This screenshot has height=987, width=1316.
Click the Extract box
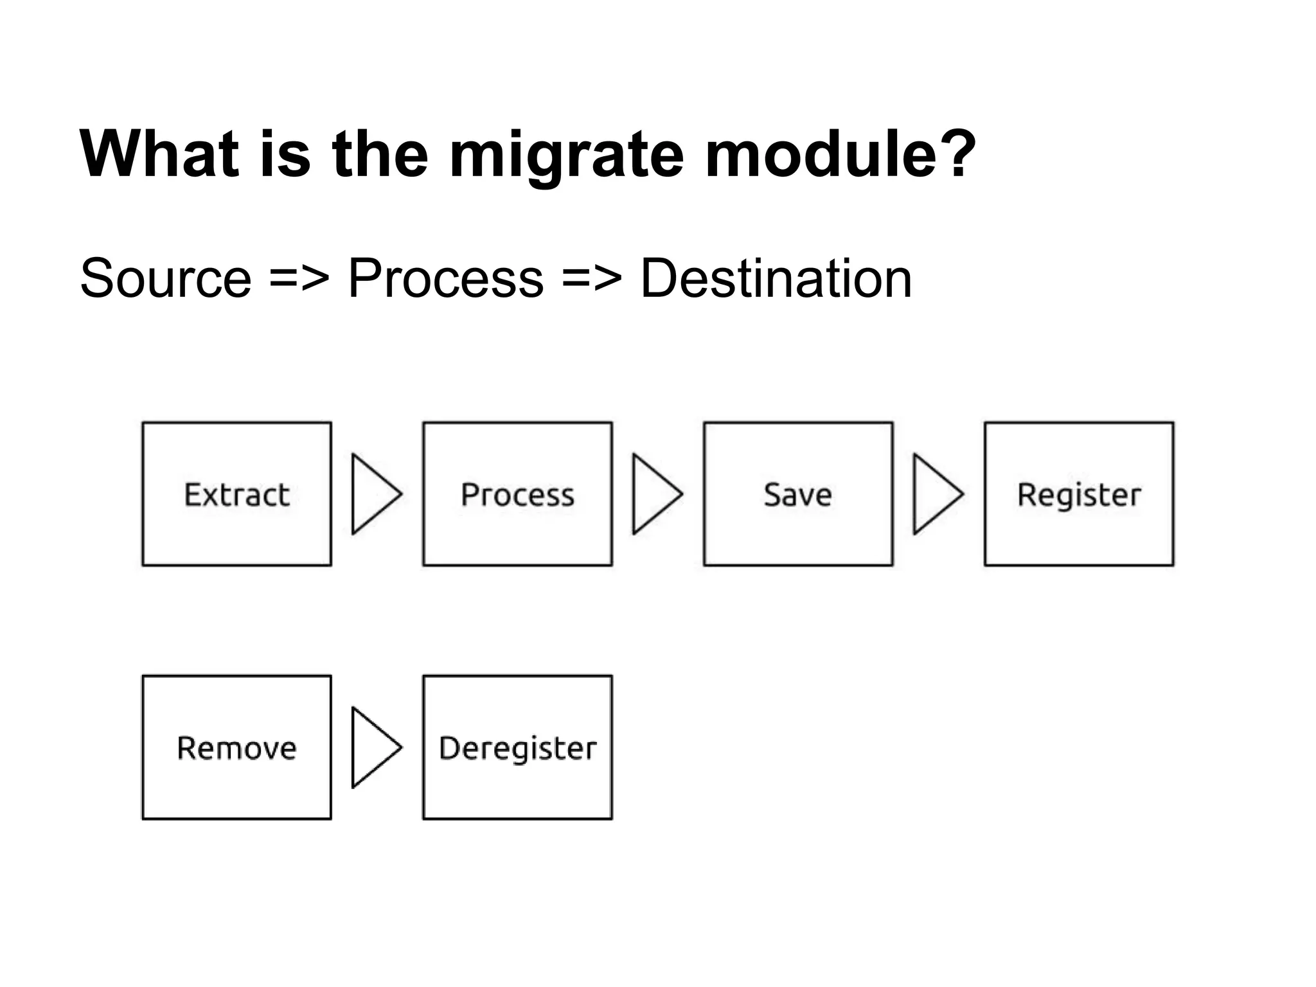236,493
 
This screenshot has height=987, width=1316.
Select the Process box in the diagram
517,493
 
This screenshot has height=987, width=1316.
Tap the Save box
797,493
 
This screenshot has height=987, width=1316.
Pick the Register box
1078,493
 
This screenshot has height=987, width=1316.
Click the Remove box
236,747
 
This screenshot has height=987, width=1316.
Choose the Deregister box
517,747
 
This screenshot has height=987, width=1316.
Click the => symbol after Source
299,279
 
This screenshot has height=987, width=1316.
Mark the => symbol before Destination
592,279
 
